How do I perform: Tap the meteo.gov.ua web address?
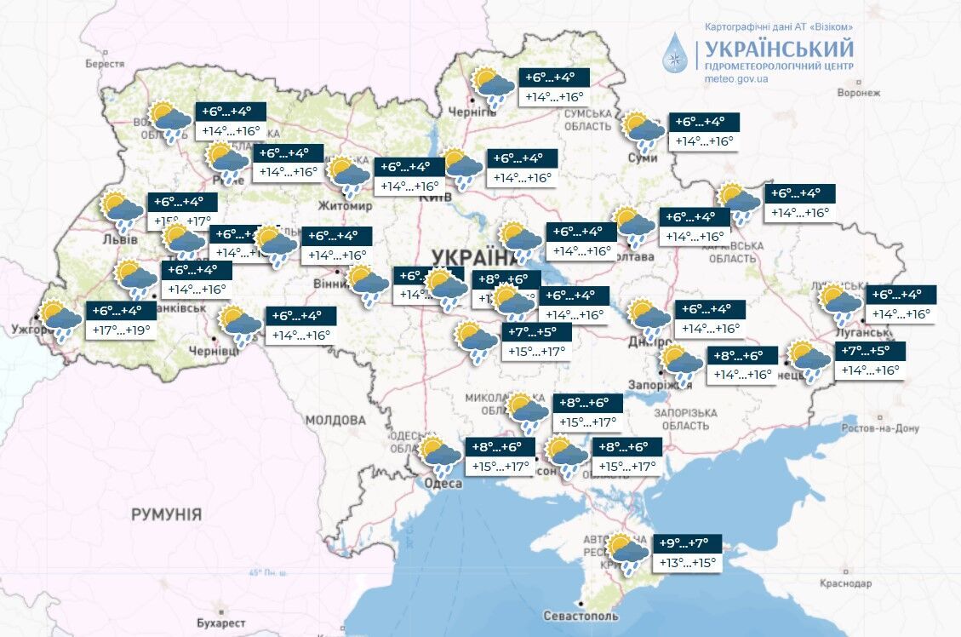tap(736, 78)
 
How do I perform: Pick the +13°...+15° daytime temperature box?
tap(687, 563)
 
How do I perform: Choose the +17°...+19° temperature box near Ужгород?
tap(120, 330)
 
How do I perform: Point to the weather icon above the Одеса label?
tap(440, 456)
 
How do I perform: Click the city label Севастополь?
tap(579, 616)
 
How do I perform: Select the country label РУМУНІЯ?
tap(167, 514)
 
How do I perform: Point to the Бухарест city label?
tap(221, 623)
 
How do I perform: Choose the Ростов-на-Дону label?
tap(879, 428)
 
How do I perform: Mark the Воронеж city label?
tap(858, 93)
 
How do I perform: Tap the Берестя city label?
tap(105, 64)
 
